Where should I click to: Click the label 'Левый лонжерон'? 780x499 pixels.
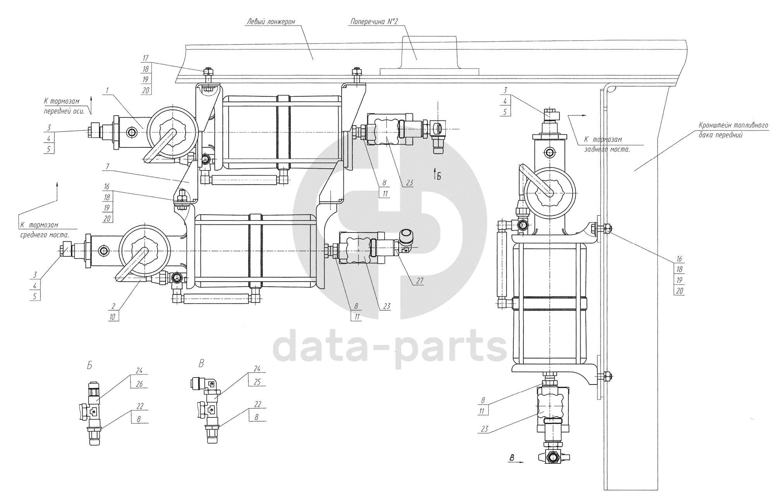[270, 22]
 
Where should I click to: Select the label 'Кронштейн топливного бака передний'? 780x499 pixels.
[733, 130]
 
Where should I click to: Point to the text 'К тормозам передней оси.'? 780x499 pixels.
[66, 105]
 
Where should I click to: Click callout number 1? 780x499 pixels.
[107, 89]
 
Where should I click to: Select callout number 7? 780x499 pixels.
[107, 166]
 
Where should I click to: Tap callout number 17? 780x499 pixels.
[145, 58]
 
